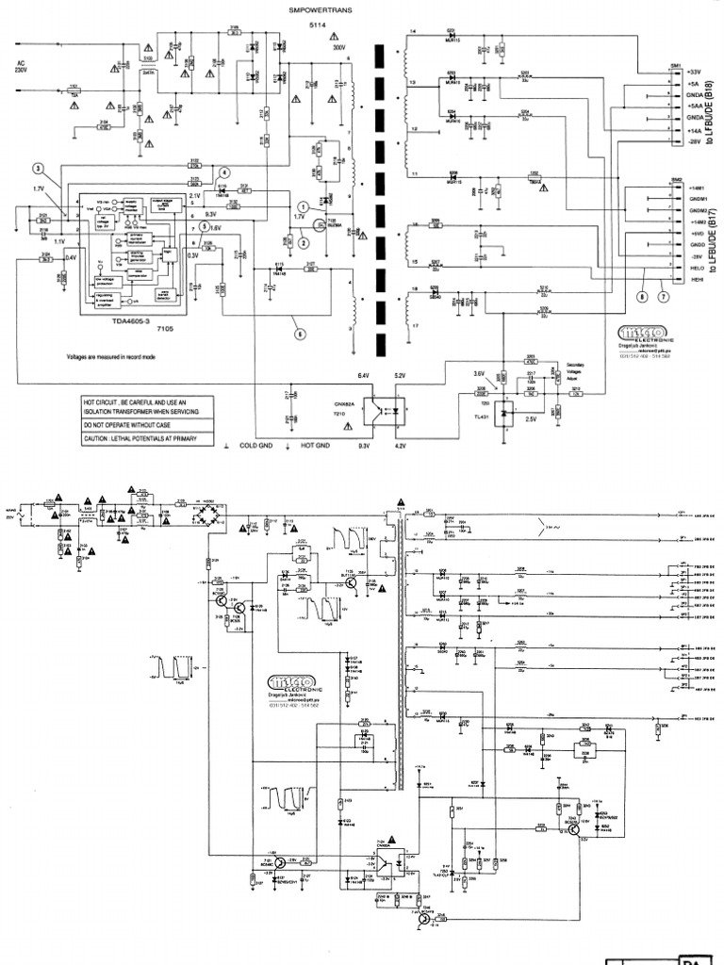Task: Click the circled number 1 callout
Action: pyautogui.click(x=302, y=204)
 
